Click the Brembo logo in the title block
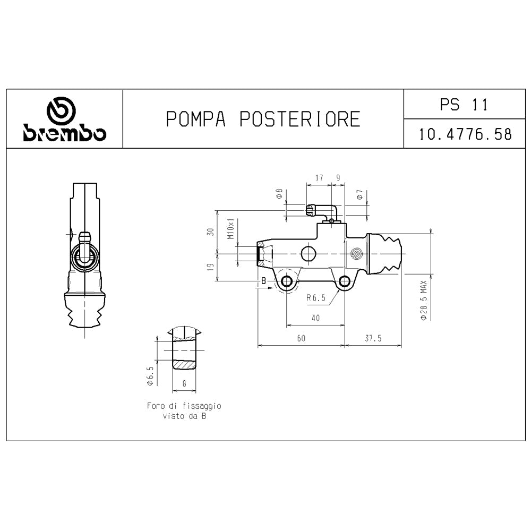coord(64,120)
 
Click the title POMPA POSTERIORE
coord(263,119)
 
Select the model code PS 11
coord(464,105)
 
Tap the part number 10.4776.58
coord(465,134)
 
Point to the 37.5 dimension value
coord(373,338)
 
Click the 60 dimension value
coord(301,338)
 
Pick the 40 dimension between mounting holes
coord(315,318)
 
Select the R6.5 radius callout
coord(315,298)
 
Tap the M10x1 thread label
coord(230,229)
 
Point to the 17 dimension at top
coord(319,178)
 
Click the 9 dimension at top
coord(338,178)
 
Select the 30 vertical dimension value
coord(211,232)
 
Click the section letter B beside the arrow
coord(263,280)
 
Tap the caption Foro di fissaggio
coord(184,406)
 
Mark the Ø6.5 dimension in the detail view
coord(150,375)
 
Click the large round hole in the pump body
coord(309,253)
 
